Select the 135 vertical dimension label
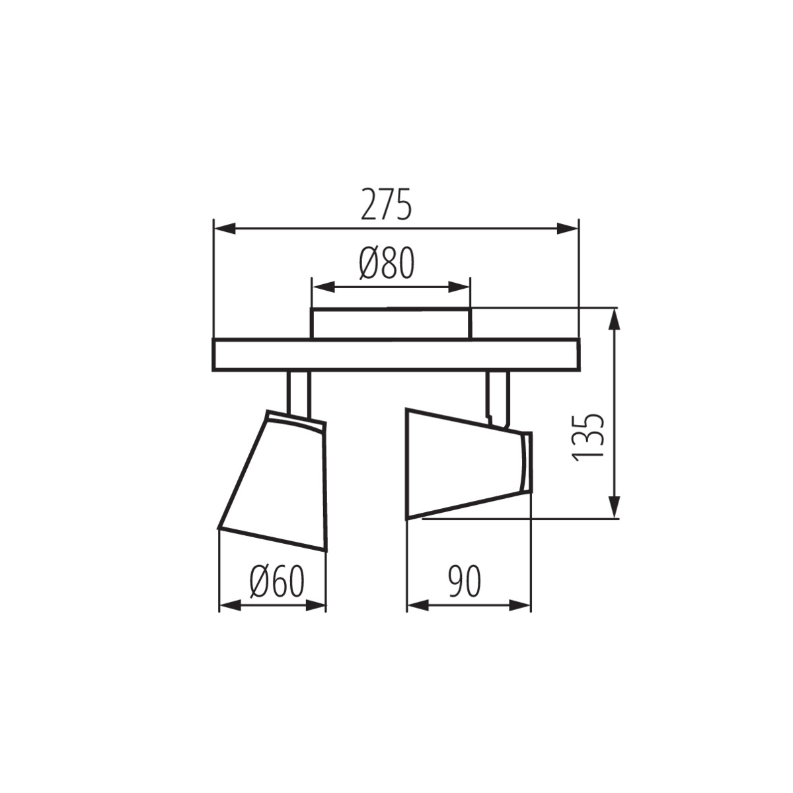588,437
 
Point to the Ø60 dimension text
277,582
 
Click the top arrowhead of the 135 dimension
615,320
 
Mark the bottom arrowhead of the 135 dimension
615,507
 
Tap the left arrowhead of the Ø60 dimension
229,605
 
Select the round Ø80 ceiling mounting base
391,324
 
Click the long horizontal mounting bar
395,355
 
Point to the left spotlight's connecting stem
298,393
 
